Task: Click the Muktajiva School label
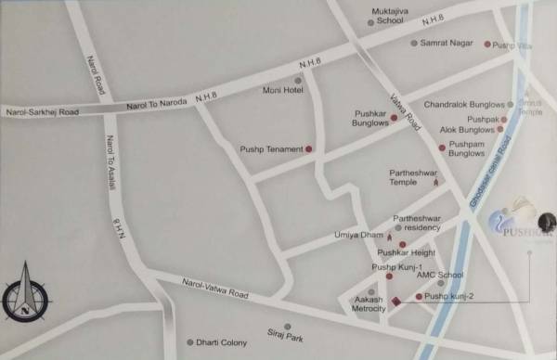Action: pyautogui.click(x=388, y=15)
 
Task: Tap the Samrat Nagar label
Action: pyautogui.click(x=447, y=44)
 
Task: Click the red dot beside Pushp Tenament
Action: pyautogui.click(x=309, y=148)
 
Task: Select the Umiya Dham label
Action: pyautogui.click(x=358, y=236)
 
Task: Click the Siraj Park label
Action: pyautogui.click(x=287, y=338)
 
